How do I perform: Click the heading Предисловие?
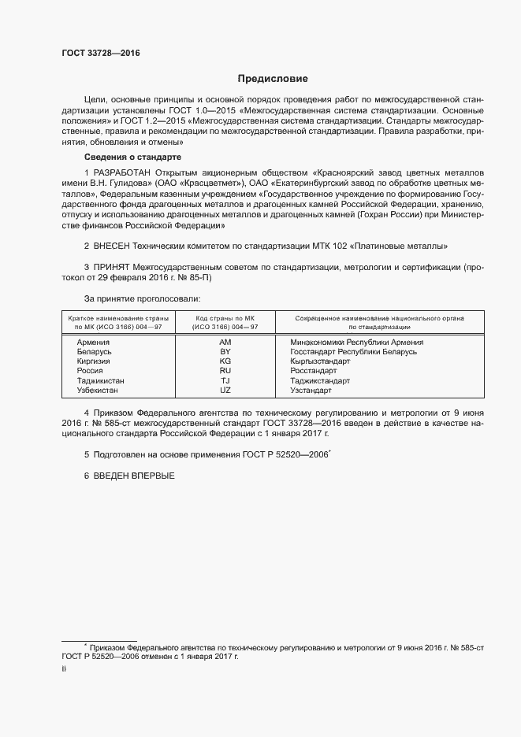click(x=274, y=79)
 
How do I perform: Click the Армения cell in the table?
click(x=93, y=343)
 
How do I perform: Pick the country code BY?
click(x=225, y=352)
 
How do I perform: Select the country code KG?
click(x=225, y=361)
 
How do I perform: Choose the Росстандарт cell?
click(x=313, y=371)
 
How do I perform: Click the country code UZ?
click(x=225, y=391)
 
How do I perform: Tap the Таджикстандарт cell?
click(x=320, y=380)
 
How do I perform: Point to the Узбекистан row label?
click(x=98, y=391)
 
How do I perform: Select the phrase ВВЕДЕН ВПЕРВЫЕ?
click(x=133, y=476)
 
